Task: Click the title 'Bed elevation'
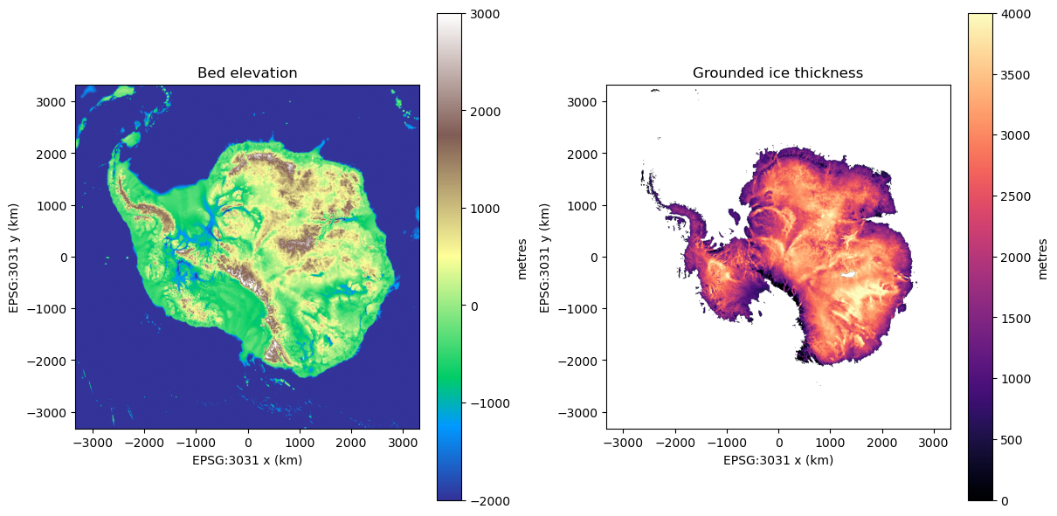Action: point(247,72)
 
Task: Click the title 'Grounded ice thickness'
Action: point(777,72)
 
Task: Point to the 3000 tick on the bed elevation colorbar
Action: point(465,14)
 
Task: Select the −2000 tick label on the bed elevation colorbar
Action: point(490,501)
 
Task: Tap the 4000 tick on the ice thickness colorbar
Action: point(996,14)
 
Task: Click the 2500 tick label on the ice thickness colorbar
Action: point(1015,196)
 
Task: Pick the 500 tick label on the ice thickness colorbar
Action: point(1012,440)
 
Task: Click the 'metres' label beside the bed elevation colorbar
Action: point(522,259)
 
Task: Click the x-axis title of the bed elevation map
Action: point(247,460)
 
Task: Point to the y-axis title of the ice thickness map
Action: point(544,258)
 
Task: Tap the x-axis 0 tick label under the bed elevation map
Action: point(248,443)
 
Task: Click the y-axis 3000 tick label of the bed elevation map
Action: point(51,102)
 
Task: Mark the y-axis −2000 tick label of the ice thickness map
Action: point(577,361)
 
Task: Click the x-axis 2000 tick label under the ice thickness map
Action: point(882,443)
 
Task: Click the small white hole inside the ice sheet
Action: point(848,274)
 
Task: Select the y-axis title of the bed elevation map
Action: point(13,258)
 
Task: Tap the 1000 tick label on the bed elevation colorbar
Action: point(485,209)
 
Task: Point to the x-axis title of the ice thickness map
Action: point(778,460)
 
